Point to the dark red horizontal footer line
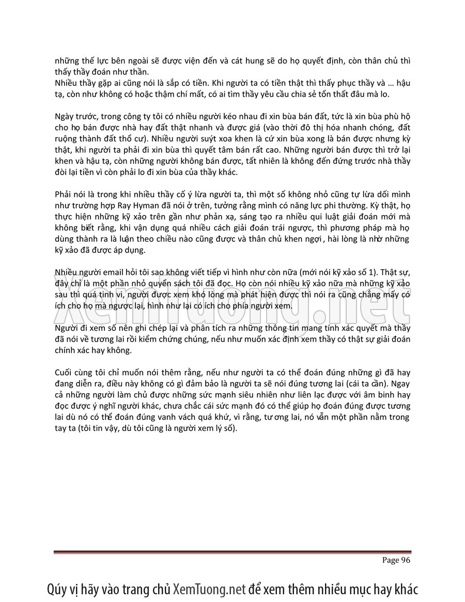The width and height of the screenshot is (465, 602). tap(232, 552)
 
